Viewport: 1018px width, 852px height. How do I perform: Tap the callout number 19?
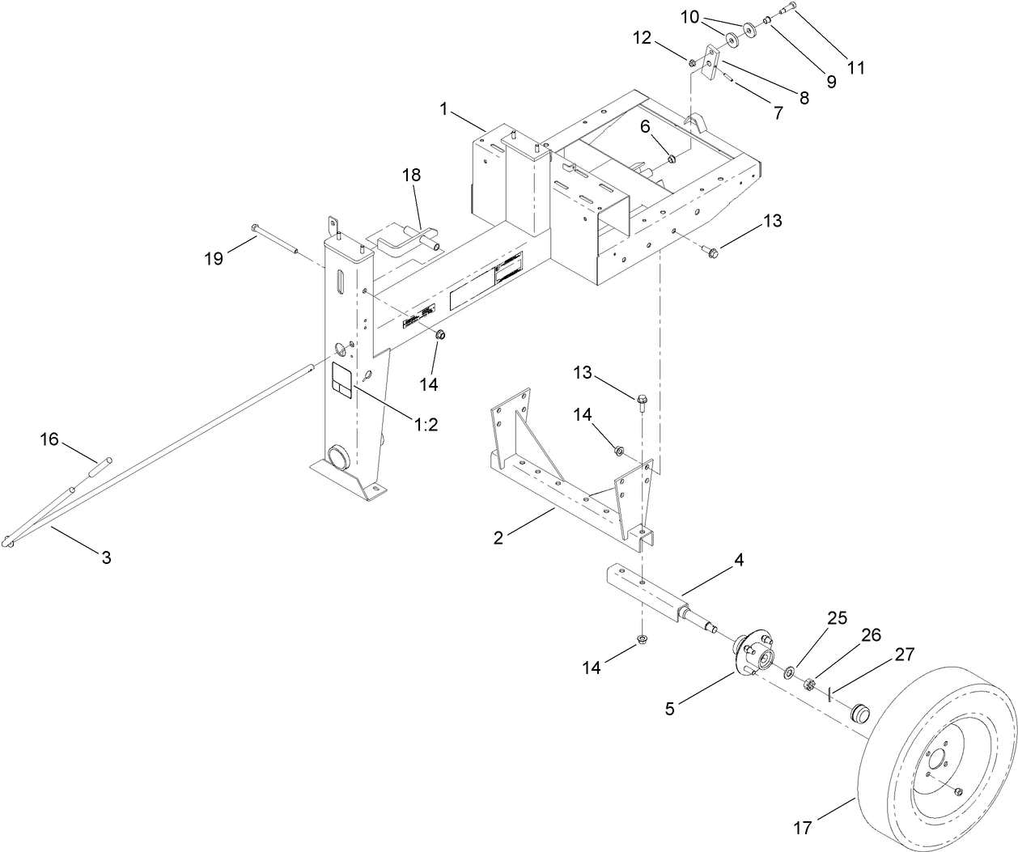214,259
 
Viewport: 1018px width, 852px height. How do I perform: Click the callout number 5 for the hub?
669,709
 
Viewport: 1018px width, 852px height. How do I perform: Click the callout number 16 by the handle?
50,439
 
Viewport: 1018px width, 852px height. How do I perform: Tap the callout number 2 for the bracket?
498,537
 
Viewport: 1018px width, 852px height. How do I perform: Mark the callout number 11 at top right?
855,68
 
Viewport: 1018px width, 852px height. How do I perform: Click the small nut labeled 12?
693,62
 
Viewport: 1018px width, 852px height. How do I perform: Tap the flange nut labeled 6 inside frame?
671,155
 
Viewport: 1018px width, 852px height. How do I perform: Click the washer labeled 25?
788,671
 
